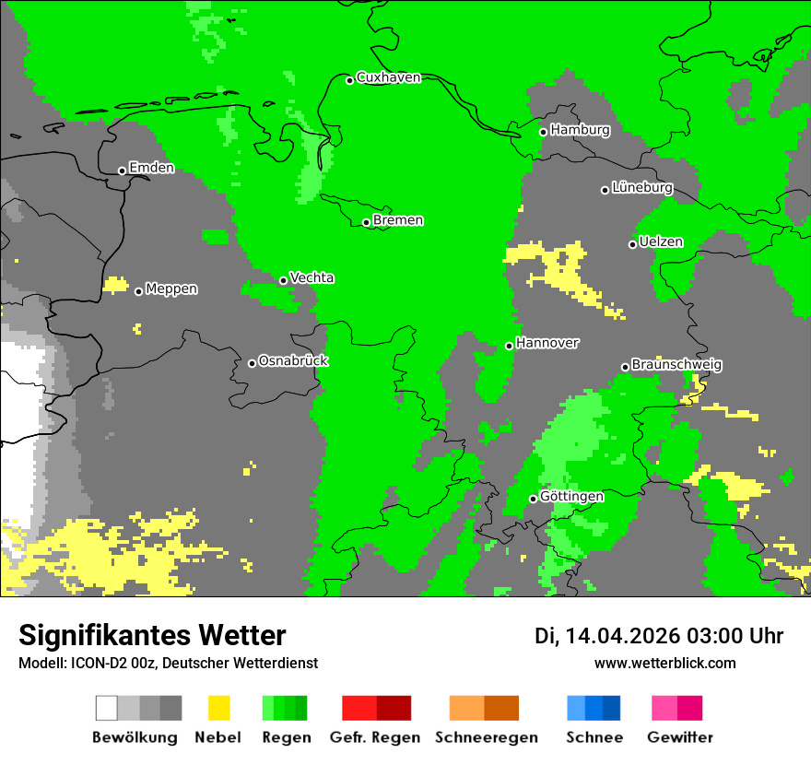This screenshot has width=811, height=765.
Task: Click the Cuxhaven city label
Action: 388,77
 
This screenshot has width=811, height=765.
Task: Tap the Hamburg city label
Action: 580,130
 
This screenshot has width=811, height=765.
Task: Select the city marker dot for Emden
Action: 122,171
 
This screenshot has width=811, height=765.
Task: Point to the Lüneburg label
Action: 642,188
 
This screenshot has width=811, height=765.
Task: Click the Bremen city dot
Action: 366,222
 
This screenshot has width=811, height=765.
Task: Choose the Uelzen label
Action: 661,242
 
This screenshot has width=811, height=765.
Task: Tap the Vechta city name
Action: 311,278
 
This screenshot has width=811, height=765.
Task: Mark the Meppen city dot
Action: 138,291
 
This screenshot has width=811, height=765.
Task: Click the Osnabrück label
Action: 293,361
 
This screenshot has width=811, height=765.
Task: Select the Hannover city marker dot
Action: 509,346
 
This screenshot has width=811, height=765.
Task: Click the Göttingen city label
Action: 571,497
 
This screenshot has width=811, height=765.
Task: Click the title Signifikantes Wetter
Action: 152,635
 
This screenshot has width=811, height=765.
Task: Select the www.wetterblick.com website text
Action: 664,663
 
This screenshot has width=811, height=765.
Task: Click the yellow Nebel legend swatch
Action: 218,708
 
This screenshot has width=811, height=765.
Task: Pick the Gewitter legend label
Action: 680,737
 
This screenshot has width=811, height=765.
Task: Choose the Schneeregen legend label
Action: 486,737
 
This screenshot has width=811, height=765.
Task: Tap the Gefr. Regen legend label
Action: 375,737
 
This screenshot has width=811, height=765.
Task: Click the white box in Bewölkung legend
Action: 107,708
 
